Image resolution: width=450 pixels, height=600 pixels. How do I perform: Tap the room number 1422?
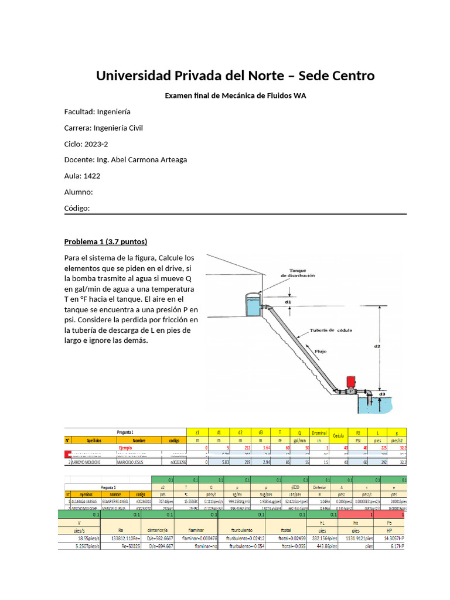[x=92, y=175]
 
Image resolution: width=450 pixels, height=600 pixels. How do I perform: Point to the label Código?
[x=77, y=208]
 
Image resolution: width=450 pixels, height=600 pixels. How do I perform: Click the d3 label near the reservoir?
[x=381, y=394]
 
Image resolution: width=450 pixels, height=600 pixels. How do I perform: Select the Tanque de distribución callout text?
[x=298, y=272]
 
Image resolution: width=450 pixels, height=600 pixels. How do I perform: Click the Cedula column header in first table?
[x=337, y=435]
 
